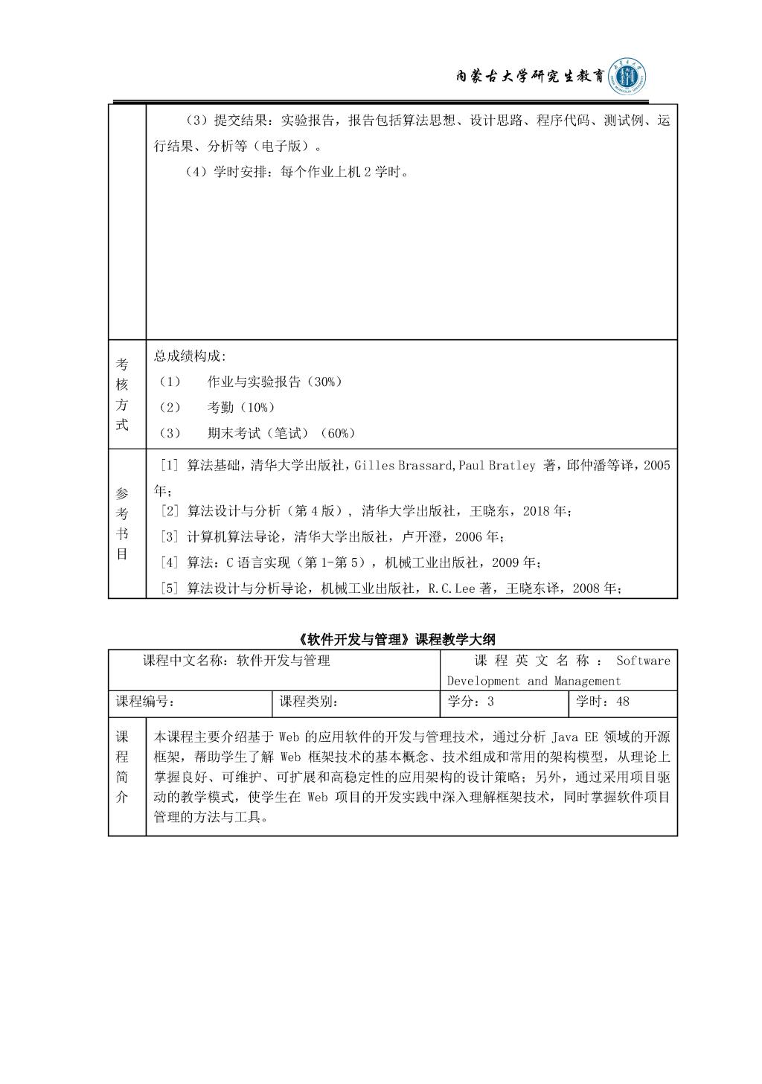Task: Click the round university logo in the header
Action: (x=627, y=76)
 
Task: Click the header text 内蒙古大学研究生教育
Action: (x=529, y=77)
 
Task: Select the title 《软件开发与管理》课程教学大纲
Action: (x=392, y=639)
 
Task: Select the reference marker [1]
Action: (x=170, y=466)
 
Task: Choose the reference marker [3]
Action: (x=170, y=536)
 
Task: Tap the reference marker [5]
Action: (x=170, y=588)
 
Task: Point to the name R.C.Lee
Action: (x=449, y=588)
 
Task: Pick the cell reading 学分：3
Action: (x=470, y=702)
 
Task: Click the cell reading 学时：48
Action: (x=603, y=702)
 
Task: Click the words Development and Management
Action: (x=534, y=681)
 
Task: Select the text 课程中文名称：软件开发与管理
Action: (x=237, y=661)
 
